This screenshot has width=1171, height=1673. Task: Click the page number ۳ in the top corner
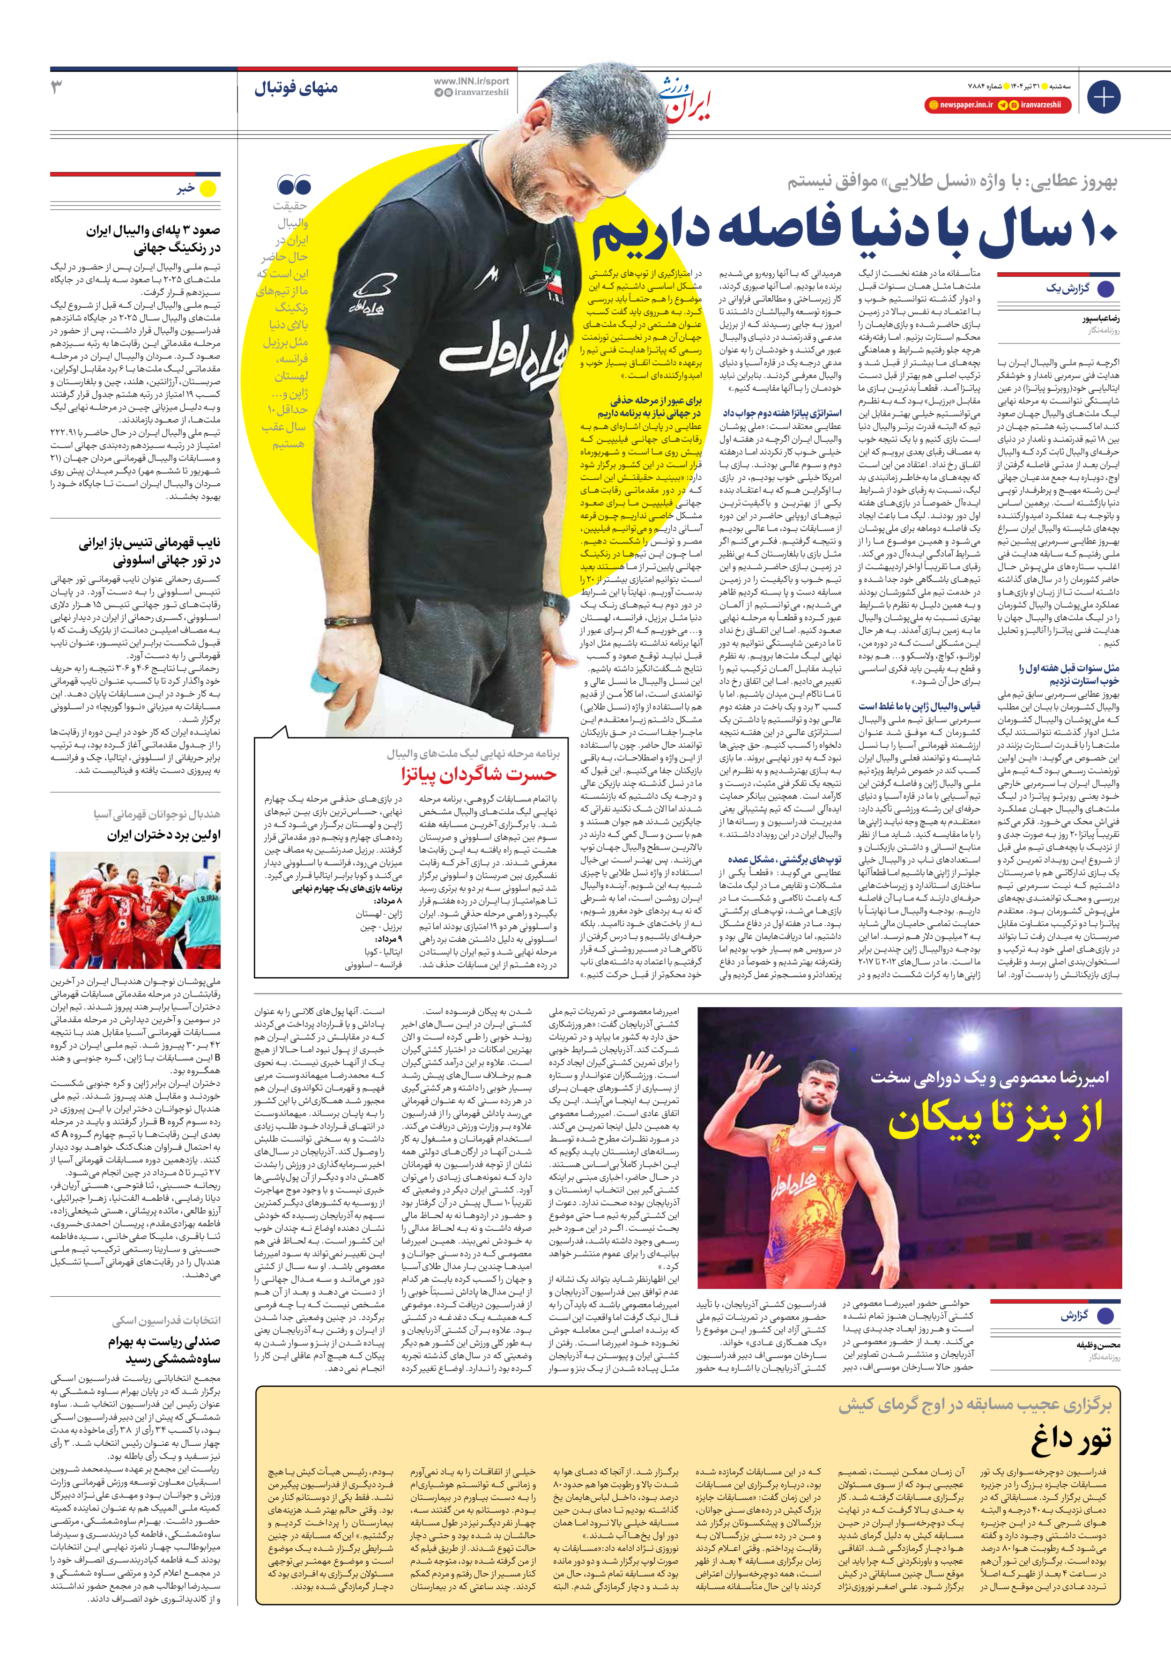click(x=57, y=88)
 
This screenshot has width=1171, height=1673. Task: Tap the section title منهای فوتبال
click(x=296, y=88)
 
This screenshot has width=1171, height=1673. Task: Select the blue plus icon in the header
click(x=1103, y=97)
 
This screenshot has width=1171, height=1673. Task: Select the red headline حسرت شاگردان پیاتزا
click(x=479, y=774)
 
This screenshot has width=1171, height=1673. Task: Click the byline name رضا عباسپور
click(x=1100, y=319)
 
